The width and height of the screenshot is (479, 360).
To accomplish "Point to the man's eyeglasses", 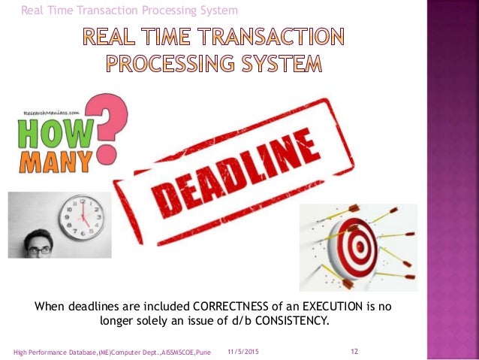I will pyautogui.click(x=41, y=249).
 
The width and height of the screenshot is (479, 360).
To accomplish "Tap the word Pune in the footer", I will pyautogui.click(x=202, y=352).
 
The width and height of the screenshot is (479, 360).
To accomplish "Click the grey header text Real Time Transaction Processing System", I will pyautogui.click(x=129, y=10).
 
